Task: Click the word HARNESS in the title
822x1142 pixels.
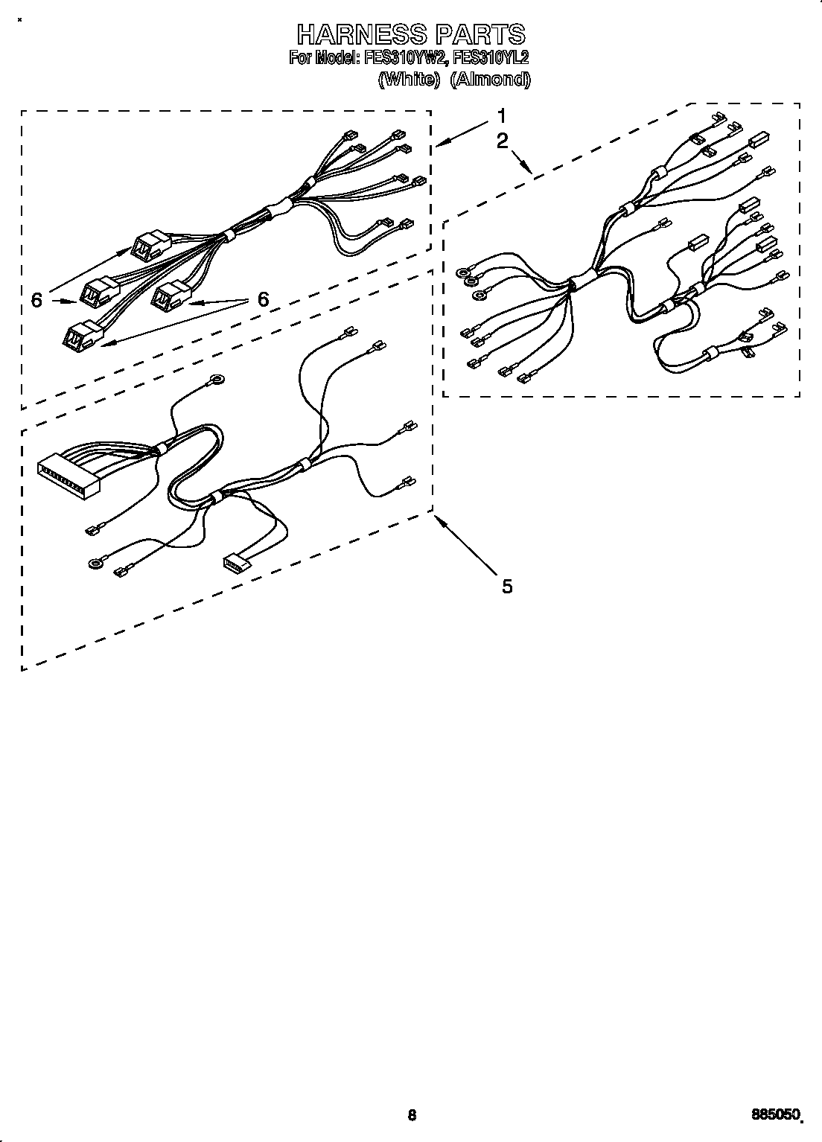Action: point(361,34)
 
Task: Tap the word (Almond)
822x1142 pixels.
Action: point(491,80)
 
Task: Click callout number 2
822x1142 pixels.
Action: point(503,140)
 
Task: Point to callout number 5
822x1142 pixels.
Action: point(507,587)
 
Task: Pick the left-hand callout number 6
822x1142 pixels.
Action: point(36,300)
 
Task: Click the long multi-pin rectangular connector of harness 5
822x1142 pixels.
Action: point(68,476)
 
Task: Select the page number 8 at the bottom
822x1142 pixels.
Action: point(411,1114)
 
